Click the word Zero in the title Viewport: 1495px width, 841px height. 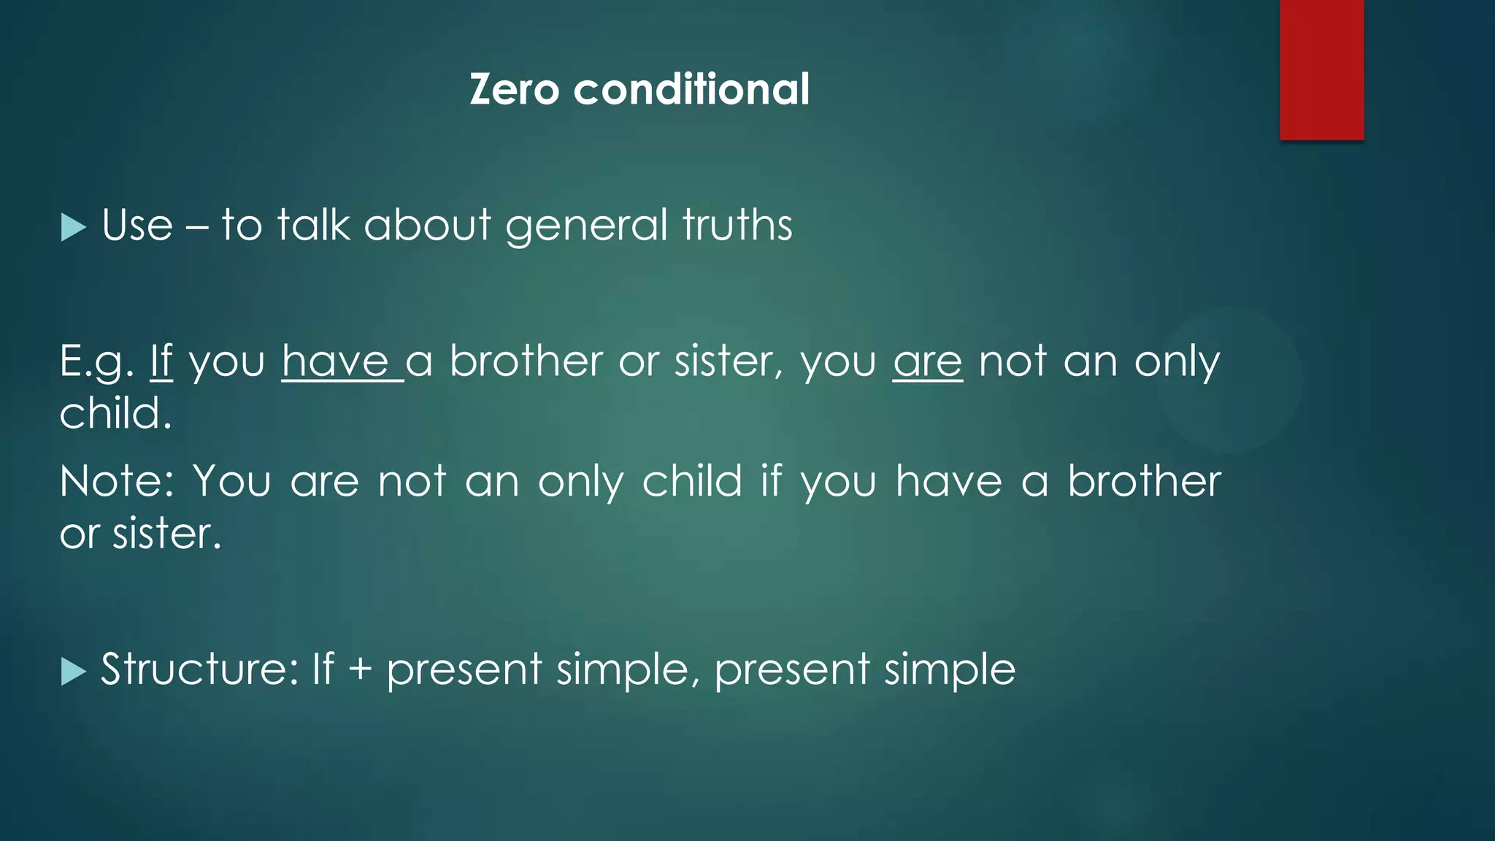[514, 90]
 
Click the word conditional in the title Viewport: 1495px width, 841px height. [691, 90]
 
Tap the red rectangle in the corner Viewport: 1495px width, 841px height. [1321, 69]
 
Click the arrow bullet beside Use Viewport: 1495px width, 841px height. [73, 227]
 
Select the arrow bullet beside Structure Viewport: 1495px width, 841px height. [73, 671]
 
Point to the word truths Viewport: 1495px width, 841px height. [737, 225]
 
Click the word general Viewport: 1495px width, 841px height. [586, 226]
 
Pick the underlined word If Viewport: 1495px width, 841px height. [161, 361]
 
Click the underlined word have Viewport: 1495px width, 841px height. [336, 361]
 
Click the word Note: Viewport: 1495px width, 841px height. [117, 482]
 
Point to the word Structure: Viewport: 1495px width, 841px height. [199, 669]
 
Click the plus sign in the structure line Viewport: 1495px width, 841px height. [360, 670]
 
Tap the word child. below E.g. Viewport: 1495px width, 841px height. [115, 414]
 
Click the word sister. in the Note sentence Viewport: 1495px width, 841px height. [166, 534]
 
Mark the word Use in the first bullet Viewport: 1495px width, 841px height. [137, 225]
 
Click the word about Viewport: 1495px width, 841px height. [427, 225]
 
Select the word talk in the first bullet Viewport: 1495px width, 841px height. [313, 225]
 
